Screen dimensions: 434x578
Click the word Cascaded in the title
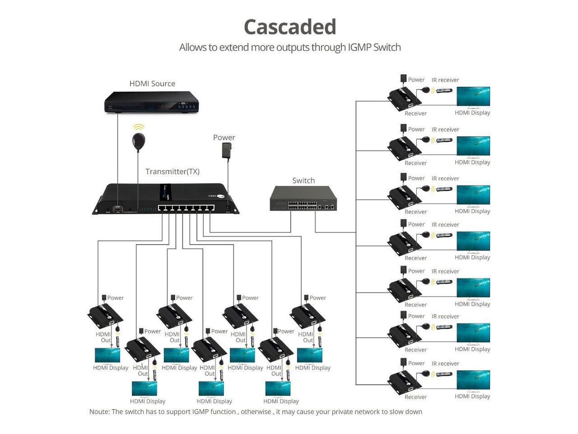click(290, 27)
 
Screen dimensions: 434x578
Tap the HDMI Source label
click(152, 84)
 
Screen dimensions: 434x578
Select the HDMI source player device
click(152, 103)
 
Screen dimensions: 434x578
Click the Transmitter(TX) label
click(172, 172)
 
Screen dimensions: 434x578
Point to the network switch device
click(303, 198)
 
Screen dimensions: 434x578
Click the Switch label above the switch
click(303, 181)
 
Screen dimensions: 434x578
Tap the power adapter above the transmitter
click(227, 151)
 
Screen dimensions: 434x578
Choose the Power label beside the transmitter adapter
click(224, 138)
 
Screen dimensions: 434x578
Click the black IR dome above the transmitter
click(139, 142)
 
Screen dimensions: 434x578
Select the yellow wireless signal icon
click(139, 127)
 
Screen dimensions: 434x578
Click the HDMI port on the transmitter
click(118, 209)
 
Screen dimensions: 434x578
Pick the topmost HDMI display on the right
click(473, 97)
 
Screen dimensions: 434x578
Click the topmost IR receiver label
click(445, 80)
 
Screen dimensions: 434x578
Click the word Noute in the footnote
click(99, 412)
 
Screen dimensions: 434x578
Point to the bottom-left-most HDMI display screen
click(107, 355)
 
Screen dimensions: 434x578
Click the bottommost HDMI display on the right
click(473, 380)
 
